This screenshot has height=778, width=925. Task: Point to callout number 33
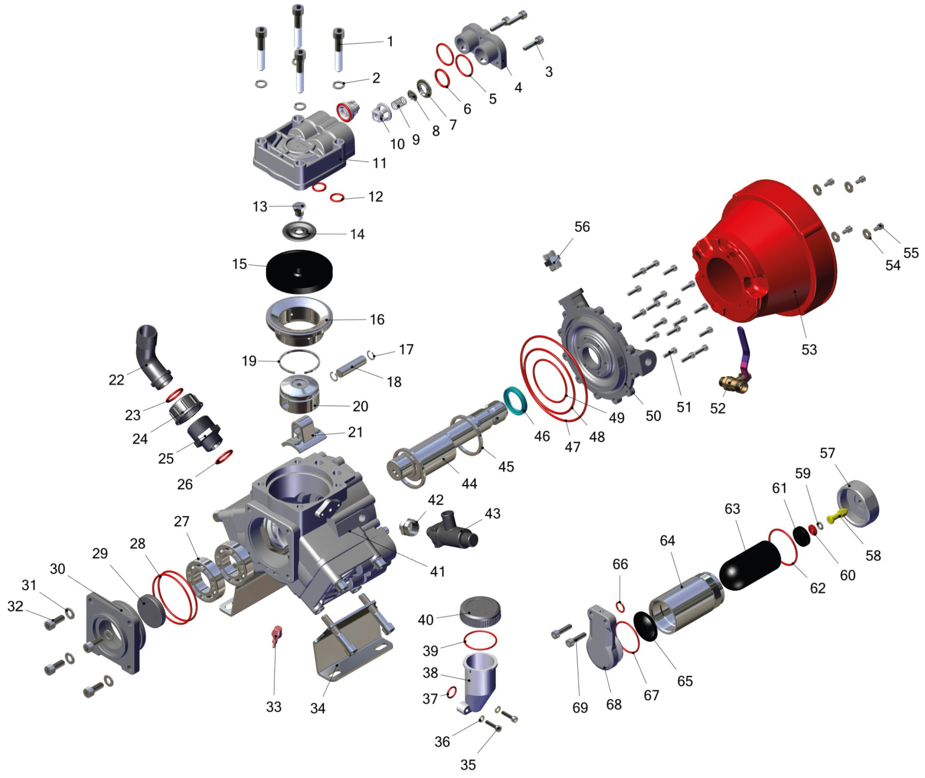(274, 707)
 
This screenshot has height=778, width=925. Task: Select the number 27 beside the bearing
(181, 521)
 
